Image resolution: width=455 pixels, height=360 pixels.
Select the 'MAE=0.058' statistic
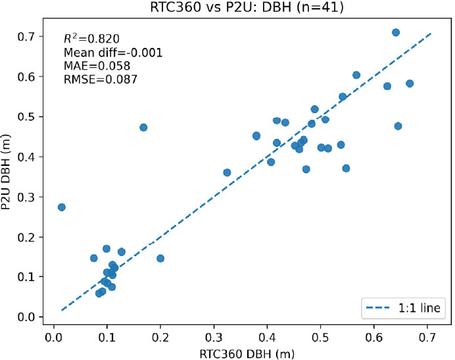click(x=92, y=66)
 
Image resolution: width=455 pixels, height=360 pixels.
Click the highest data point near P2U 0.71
click(x=396, y=32)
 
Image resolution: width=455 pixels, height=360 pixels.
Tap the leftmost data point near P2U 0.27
click(x=62, y=207)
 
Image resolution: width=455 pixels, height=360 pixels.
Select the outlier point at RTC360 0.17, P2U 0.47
click(x=143, y=127)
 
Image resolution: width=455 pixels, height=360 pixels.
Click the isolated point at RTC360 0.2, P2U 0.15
click(x=160, y=259)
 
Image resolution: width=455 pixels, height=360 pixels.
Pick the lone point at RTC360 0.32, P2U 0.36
click(x=227, y=172)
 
